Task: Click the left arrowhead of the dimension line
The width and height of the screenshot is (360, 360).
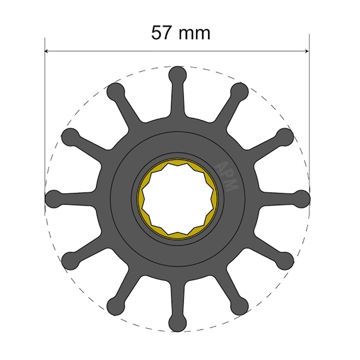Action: coord(48,51)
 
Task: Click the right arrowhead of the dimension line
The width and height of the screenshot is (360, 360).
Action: coord(306,51)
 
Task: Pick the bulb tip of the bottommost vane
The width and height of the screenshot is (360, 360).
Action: coord(177,322)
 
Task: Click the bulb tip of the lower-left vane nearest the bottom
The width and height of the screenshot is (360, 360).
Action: coord(115,306)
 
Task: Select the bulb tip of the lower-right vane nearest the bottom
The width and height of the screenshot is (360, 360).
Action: coord(239,306)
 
